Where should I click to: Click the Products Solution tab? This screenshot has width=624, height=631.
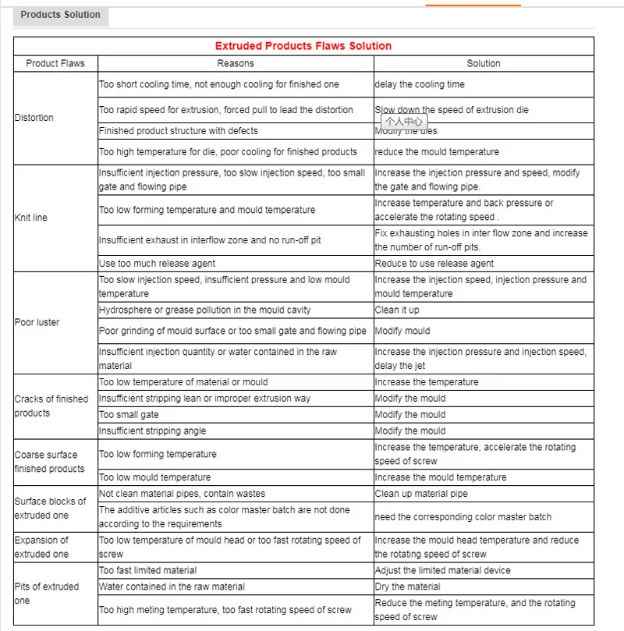pyautogui.click(x=60, y=15)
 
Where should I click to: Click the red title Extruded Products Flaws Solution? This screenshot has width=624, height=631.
pyautogui.click(x=303, y=46)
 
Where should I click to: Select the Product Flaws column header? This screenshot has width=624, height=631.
pyautogui.click(x=55, y=63)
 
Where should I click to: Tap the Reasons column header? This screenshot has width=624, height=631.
pyautogui.click(x=235, y=63)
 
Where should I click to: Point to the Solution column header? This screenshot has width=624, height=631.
pyautogui.click(x=484, y=63)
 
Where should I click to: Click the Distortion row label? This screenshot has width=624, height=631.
pyautogui.click(x=34, y=118)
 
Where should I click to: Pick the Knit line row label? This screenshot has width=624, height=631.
pyautogui.click(x=31, y=218)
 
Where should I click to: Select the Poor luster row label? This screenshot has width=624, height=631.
pyautogui.click(x=37, y=322)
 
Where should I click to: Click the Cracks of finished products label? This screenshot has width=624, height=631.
pyautogui.click(x=51, y=406)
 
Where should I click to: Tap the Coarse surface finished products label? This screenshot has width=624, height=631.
pyautogui.click(x=49, y=462)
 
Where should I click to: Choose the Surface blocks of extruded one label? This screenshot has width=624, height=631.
pyautogui.click(x=50, y=509)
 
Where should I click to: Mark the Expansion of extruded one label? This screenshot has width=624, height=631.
pyautogui.click(x=41, y=547)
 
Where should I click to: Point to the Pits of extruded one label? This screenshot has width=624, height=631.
pyautogui.click(x=47, y=594)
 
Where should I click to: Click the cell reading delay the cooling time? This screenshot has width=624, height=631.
pyautogui.click(x=420, y=84)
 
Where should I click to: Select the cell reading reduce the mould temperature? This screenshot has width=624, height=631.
pyautogui.click(x=437, y=151)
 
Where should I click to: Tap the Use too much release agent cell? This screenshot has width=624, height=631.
pyautogui.click(x=157, y=264)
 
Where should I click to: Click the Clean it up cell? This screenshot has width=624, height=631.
pyautogui.click(x=397, y=310)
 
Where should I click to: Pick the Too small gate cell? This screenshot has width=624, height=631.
pyautogui.click(x=129, y=415)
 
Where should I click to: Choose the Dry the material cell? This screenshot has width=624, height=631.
pyautogui.click(x=407, y=587)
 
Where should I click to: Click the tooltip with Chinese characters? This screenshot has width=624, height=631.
pyautogui.click(x=404, y=121)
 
